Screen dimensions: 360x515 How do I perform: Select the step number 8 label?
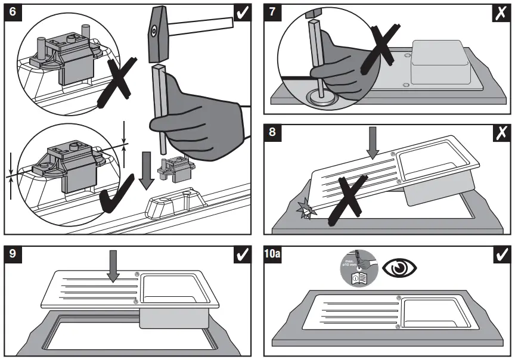(273, 132)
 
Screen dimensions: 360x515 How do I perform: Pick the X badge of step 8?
(502, 132)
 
